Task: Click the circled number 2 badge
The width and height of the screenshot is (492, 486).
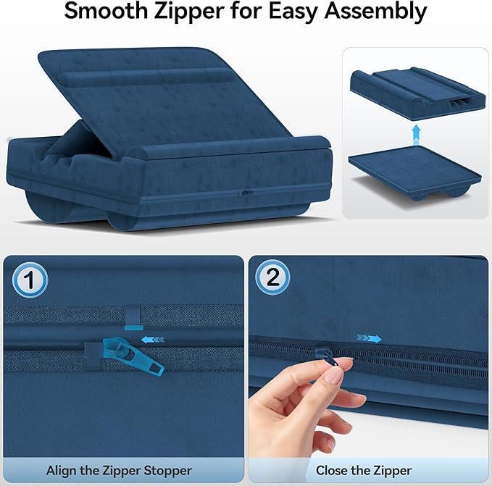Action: coord(273,279)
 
